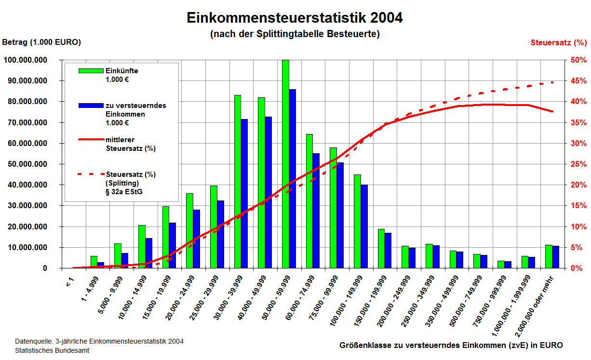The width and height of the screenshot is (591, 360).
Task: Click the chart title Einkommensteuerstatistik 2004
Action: click(x=295, y=18)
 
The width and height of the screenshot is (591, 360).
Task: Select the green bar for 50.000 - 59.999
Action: click(x=285, y=164)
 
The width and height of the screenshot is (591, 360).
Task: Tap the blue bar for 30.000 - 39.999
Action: click(x=244, y=193)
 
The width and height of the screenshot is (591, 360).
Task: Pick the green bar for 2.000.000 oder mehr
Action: click(x=549, y=256)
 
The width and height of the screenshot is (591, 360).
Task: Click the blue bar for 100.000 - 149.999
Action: click(x=364, y=226)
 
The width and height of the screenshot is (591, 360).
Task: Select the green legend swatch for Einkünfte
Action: click(x=92, y=71)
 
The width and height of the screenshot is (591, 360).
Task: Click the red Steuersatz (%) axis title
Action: click(x=558, y=42)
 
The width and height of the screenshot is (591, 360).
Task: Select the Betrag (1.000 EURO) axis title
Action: click(x=41, y=42)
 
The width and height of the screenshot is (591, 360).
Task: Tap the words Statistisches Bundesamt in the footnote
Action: click(x=52, y=350)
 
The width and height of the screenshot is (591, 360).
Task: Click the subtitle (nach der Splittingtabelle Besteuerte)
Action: click(x=295, y=34)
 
